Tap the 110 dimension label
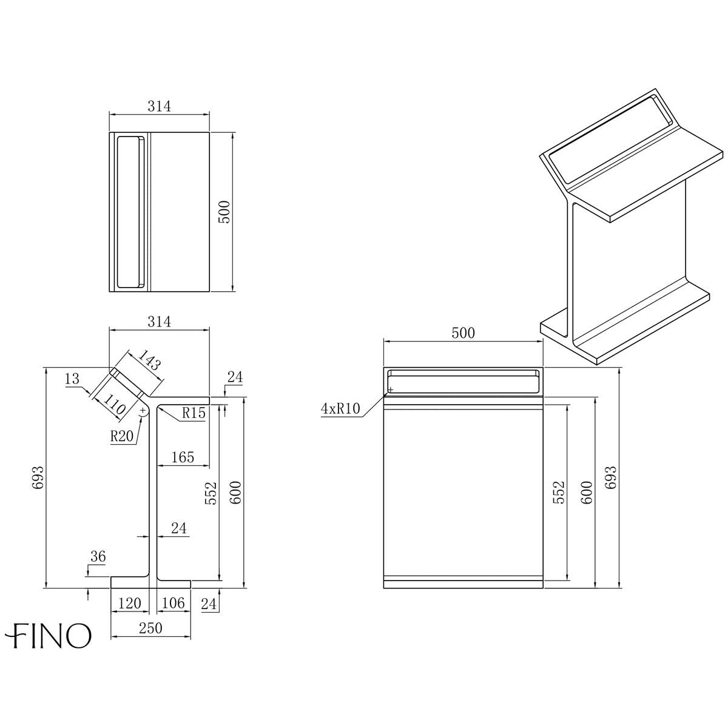[113, 402]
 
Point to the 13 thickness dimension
[72, 379]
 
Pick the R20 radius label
[122, 436]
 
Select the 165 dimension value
[183, 457]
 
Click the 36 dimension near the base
[97, 556]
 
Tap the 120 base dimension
[129, 603]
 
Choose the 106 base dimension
[174, 603]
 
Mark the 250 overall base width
[150, 628]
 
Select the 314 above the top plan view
[159, 105]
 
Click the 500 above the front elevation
[463, 332]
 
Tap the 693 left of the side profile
[38, 478]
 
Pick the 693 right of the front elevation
[610, 478]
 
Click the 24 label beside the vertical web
[178, 528]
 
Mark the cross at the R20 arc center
[143, 411]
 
